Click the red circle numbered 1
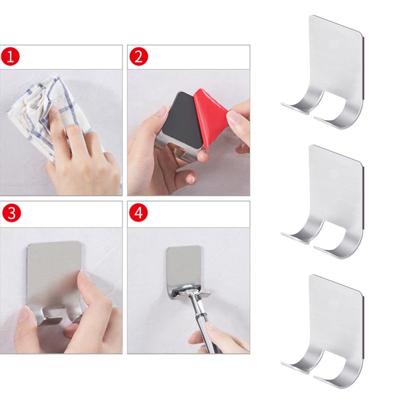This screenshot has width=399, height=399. click(11, 57)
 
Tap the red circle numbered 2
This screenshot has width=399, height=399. click(139, 57)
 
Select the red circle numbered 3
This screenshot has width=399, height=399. click(11, 213)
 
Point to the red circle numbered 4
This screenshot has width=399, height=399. click(139, 213)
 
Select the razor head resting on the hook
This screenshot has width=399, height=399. click(188, 289)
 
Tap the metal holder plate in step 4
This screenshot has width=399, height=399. click(185, 264)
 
